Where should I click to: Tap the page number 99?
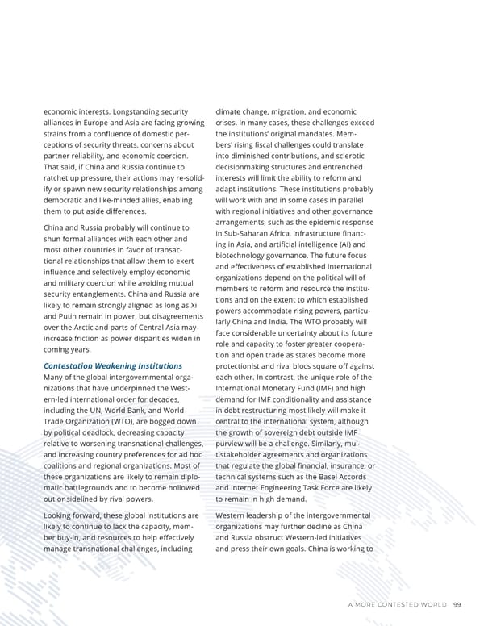(x=457, y=604)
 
